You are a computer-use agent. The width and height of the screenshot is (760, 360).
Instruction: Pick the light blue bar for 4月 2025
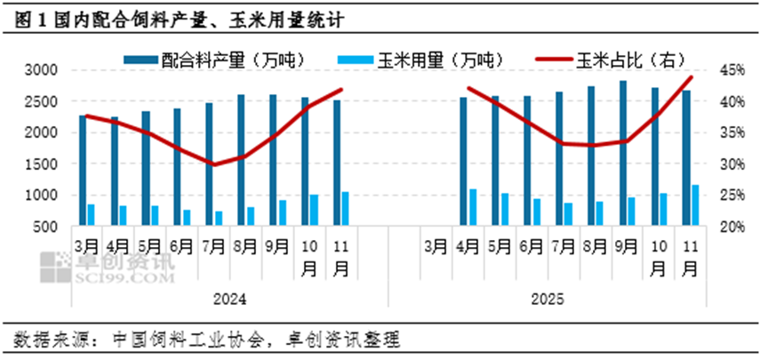coord(473,207)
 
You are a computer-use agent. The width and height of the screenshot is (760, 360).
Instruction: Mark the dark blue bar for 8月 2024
coord(241,160)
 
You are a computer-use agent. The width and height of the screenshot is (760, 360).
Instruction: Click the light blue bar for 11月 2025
coord(695,205)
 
